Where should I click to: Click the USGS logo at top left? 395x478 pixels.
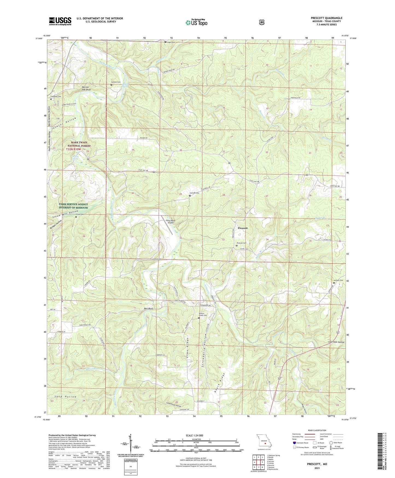pos(60,21)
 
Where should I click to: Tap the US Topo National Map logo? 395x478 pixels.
pos(196,22)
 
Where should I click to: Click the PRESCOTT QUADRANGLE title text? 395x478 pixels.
pos(326,18)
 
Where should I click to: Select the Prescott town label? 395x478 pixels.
pos(242,228)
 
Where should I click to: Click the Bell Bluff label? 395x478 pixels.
pos(148,309)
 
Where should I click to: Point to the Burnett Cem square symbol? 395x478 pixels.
pos(111,85)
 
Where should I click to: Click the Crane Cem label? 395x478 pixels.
pos(79,214)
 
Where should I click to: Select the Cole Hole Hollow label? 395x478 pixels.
pos(336,342)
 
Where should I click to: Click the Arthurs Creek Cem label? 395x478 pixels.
pos(203,314)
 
